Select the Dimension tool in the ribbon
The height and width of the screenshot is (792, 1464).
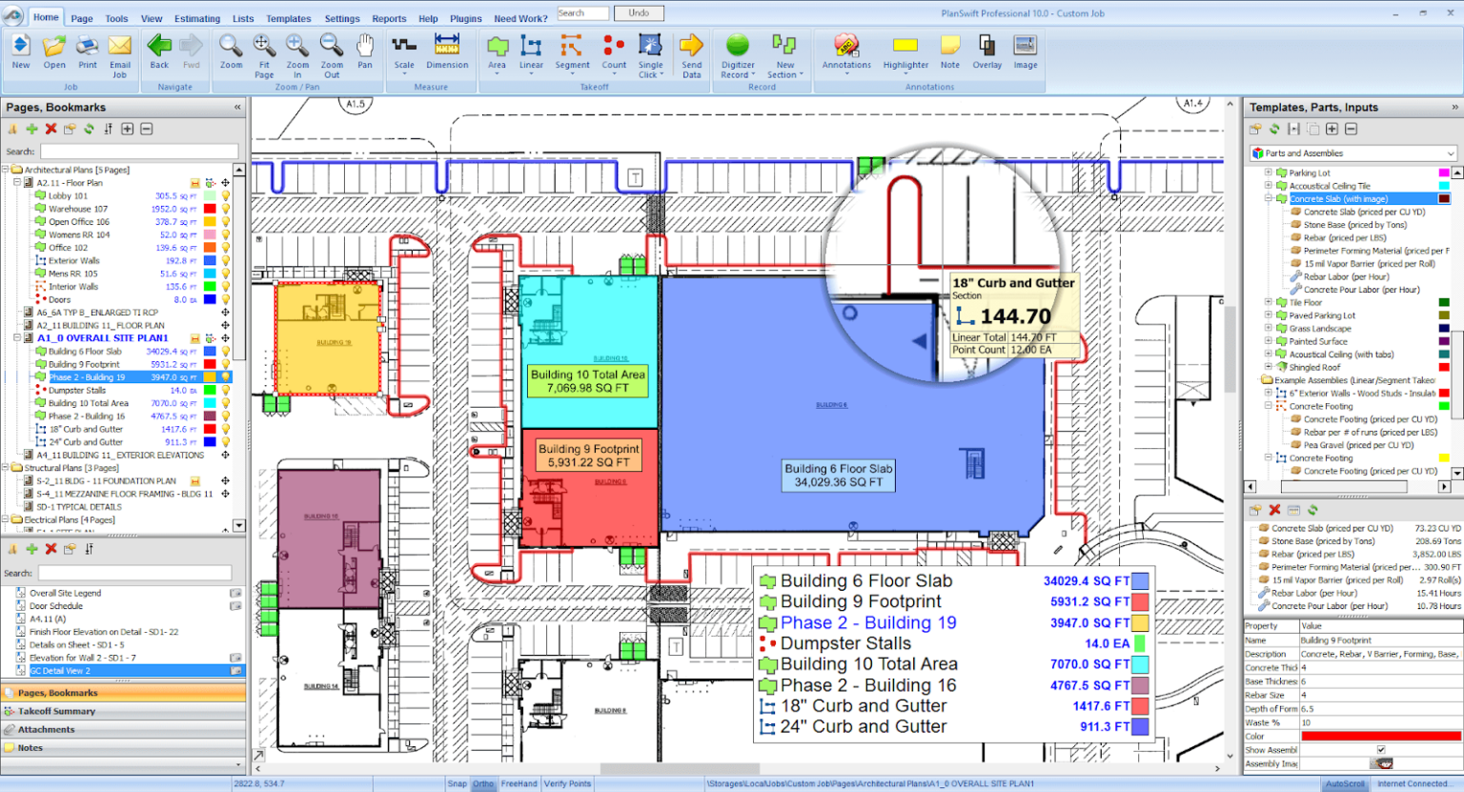(447, 52)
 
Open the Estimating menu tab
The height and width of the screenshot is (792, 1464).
(197, 18)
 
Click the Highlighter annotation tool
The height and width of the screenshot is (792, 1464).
(905, 52)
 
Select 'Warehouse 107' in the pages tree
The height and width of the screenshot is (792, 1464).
(78, 209)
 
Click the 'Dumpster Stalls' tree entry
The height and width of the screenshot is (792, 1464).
(77, 390)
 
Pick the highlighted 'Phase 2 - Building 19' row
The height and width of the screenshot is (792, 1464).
(87, 377)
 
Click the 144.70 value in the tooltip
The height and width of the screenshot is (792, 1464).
(1015, 316)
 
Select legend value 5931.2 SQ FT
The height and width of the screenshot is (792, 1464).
(1089, 601)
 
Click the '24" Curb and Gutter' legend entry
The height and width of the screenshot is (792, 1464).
(864, 726)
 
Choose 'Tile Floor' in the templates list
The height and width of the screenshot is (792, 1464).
(1305, 302)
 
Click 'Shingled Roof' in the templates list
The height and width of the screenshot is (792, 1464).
(1314, 367)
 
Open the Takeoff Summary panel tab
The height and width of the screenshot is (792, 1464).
(57, 711)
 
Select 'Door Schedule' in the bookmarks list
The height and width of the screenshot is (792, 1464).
(56, 606)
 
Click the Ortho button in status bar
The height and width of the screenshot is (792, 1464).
(483, 783)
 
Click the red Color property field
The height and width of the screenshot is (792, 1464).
(1380, 736)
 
